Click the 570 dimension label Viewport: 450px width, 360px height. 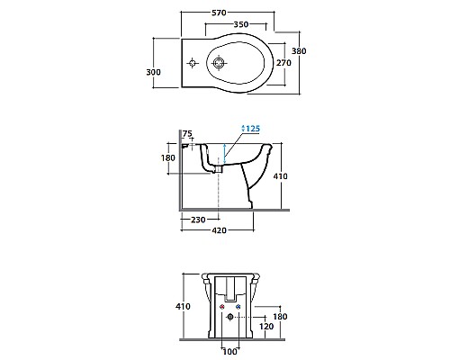[x=219, y=13]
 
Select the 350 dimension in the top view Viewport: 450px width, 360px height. [x=241, y=24]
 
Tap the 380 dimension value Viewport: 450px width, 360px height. [x=299, y=51]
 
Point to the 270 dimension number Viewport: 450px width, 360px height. [x=283, y=63]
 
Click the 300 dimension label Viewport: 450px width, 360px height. [x=153, y=72]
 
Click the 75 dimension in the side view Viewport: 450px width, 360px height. [x=187, y=133]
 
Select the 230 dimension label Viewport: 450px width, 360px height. [x=198, y=220]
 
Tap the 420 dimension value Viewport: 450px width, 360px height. [x=219, y=230]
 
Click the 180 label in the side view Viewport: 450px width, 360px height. [x=168, y=157]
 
